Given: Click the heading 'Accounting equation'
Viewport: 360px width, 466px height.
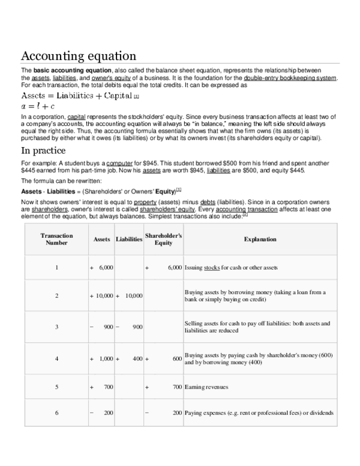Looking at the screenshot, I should pyautogui.click(x=79, y=56).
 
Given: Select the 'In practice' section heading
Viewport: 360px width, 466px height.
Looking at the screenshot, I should pyautogui.click(x=51, y=150).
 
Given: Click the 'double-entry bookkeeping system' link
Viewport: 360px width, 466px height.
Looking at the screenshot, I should pyautogui.click(x=290, y=77).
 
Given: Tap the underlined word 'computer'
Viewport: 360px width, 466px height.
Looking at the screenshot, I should pyautogui.click(x=120, y=163).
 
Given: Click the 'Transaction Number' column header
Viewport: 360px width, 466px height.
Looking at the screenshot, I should pyautogui.click(x=56, y=239).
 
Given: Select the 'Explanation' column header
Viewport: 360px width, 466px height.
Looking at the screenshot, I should pyautogui.click(x=260, y=239).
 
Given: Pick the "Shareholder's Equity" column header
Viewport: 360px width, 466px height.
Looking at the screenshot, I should pyautogui.click(x=163, y=239).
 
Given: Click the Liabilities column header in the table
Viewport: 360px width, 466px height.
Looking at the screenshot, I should pyautogui.click(x=128, y=239).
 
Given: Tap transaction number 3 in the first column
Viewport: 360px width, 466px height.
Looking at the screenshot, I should pyautogui.click(x=56, y=327).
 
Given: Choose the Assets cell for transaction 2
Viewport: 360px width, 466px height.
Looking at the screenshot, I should pyautogui.click(x=101, y=296).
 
